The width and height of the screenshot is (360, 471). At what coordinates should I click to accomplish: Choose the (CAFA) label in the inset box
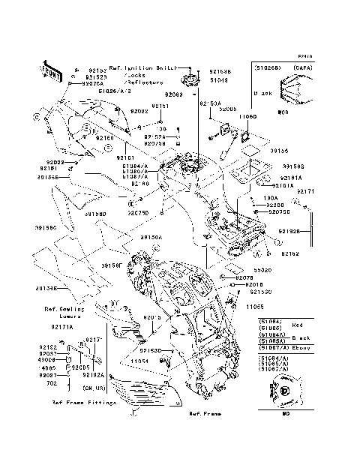(x=302, y=67)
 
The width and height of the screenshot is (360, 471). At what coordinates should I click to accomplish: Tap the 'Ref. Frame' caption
(x=203, y=413)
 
